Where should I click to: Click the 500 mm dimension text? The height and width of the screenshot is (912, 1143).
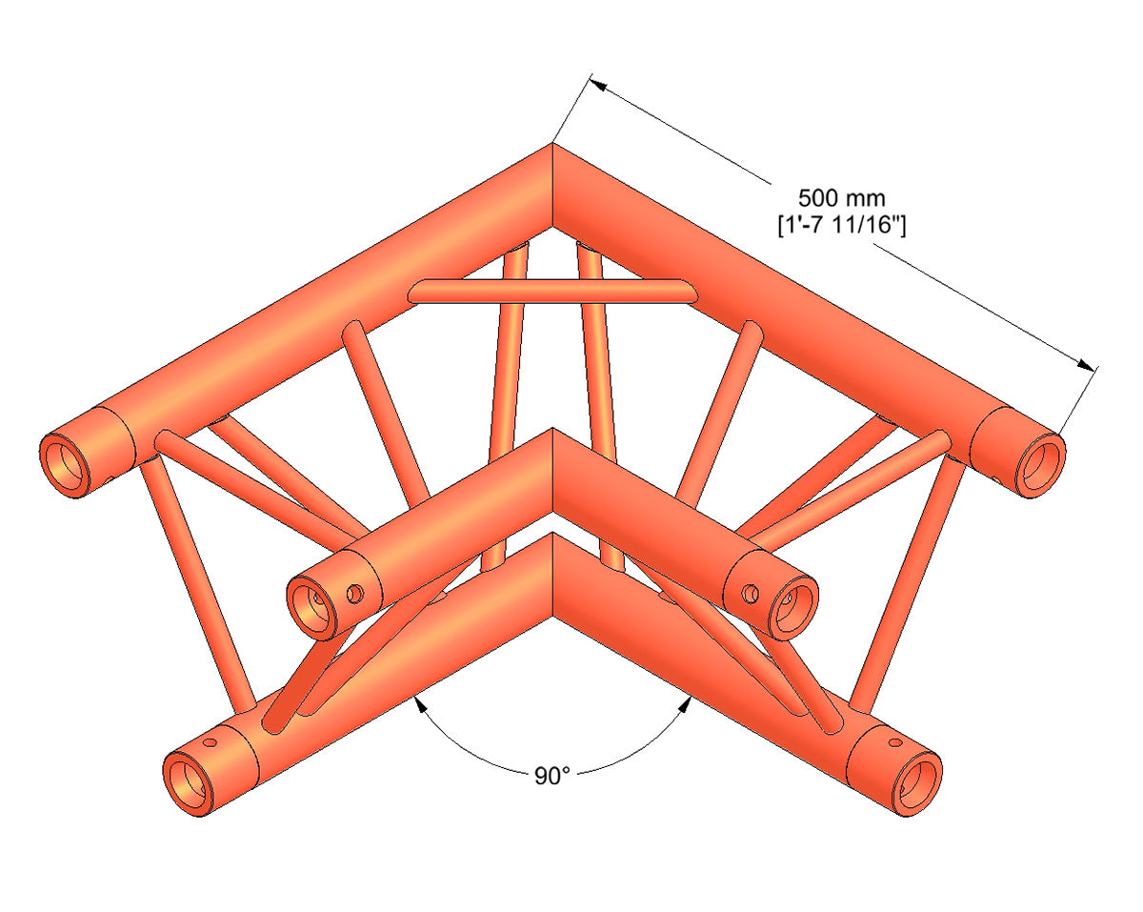point(841,198)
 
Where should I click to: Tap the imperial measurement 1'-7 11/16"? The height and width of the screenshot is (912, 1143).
point(841,225)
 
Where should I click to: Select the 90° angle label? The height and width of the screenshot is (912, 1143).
point(551,776)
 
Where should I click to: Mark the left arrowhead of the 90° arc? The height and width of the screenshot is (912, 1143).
point(416,703)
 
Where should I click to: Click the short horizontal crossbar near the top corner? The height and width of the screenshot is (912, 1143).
point(551,292)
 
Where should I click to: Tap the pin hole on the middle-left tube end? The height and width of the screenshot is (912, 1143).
point(355,594)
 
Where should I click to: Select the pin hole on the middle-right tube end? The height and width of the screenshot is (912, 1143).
point(751,594)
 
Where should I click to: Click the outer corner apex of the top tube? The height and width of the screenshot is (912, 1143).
point(551,145)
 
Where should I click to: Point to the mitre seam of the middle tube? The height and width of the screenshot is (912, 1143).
point(551,476)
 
